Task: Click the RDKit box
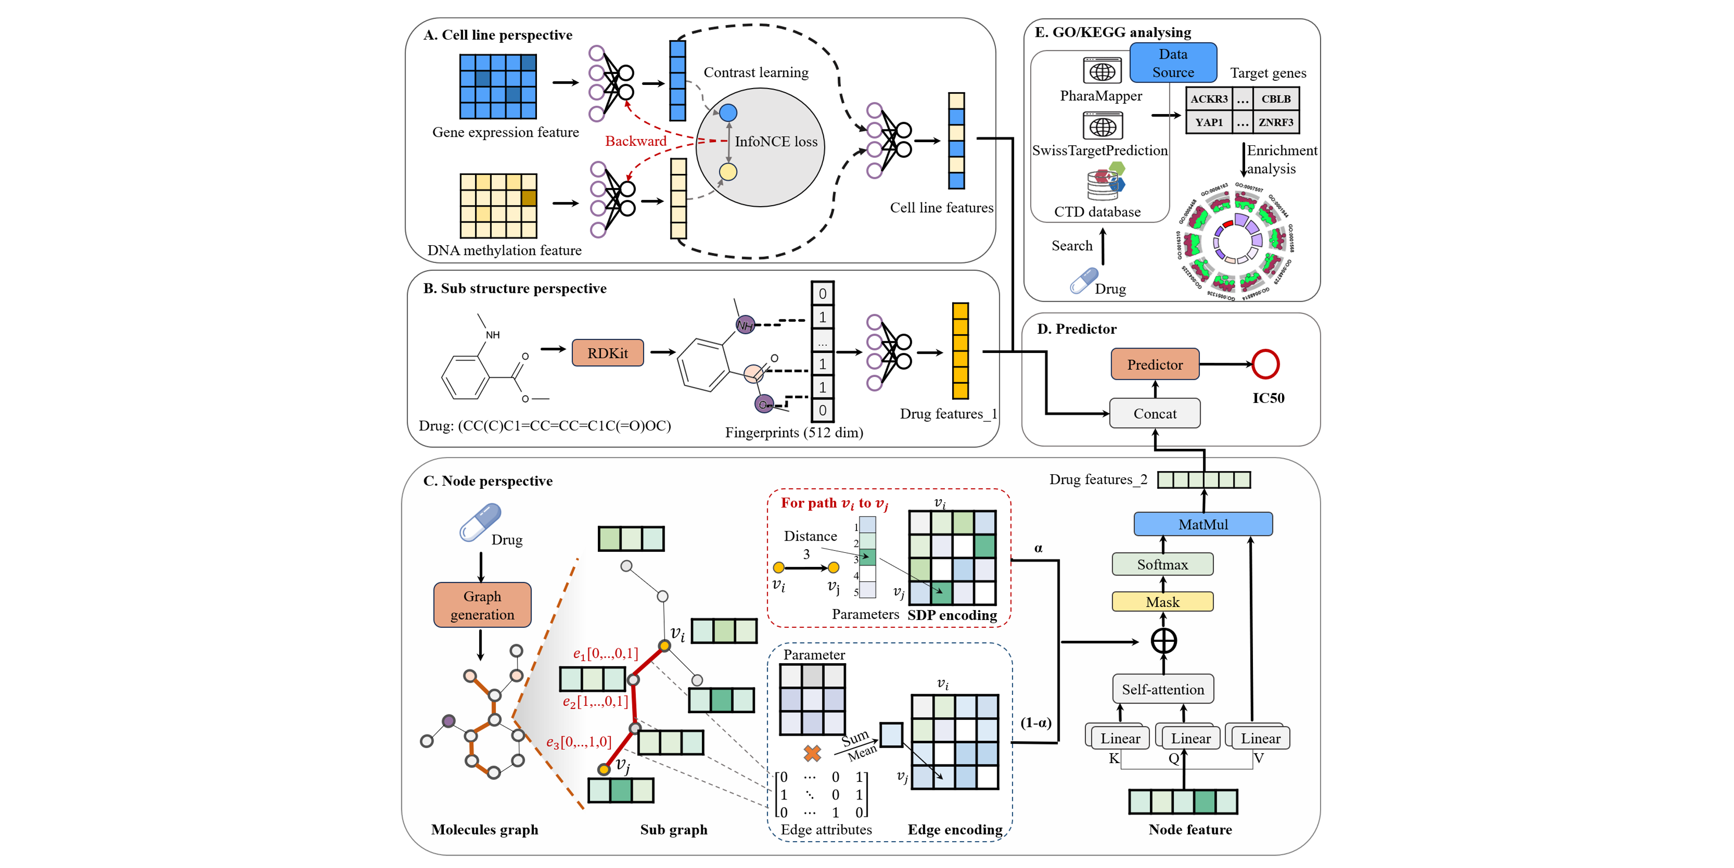(x=607, y=352)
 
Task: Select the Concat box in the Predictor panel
(x=1154, y=413)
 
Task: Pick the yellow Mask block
(x=1162, y=601)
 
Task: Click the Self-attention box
(x=1163, y=689)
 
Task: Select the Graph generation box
(x=482, y=605)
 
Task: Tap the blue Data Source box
(x=1173, y=63)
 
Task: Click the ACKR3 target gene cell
(x=1209, y=99)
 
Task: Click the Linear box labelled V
(x=1260, y=738)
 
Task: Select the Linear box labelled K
(x=1120, y=738)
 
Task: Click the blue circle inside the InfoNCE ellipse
(x=728, y=112)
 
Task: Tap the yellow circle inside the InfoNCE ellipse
(x=728, y=172)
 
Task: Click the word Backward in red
(x=636, y=141)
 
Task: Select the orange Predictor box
(x=1154, y=364)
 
